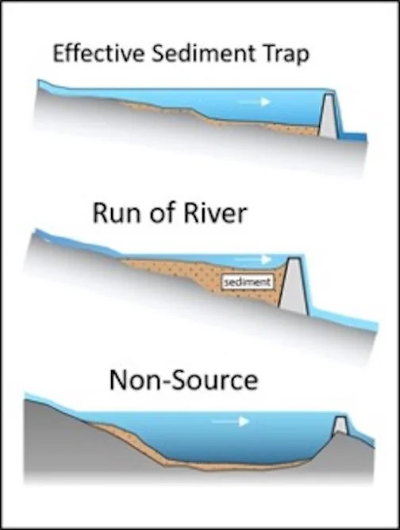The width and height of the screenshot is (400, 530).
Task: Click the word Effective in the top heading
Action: [98, 53]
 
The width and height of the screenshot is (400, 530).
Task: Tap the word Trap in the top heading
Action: [283, 55]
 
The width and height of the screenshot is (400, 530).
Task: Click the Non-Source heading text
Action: [183, 380]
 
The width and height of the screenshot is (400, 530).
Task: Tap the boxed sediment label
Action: [248, 282]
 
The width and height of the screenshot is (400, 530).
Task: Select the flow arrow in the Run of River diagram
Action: [253, 260]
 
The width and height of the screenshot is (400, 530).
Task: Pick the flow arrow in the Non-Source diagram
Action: [230, 421]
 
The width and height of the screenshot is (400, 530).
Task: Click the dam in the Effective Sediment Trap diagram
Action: [329, 115]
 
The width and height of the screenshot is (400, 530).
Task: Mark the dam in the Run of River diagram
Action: [293, 287]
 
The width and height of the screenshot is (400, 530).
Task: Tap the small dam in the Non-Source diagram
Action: [340, 425]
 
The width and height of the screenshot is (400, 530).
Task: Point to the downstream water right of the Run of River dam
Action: [344, 317]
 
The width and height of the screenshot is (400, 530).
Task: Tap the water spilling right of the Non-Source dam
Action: [362, 435]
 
